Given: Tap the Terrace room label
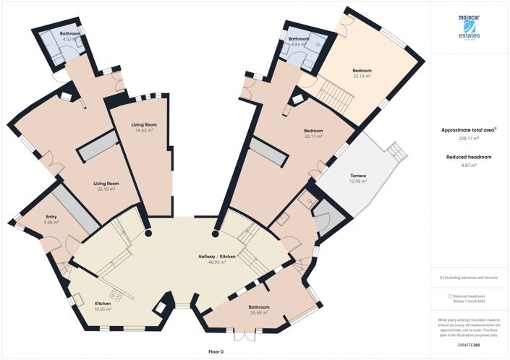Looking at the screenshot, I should click(358, 179).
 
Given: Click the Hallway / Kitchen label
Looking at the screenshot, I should click(213, 260).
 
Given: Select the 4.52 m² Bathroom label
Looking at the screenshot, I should click(69, 37).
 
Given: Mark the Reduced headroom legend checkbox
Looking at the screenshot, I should click(451, 296).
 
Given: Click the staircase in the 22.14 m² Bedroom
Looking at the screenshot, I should click(334, 92).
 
